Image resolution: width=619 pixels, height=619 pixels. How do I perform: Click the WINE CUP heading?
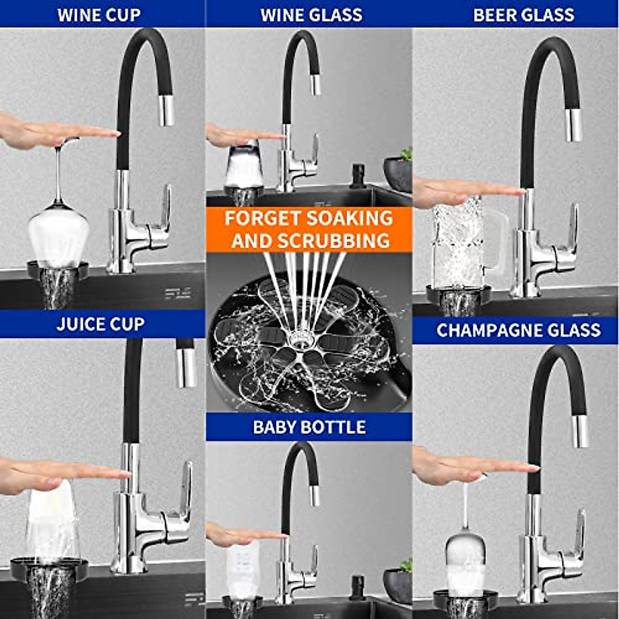99,14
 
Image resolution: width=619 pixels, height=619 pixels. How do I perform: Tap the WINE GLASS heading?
311,14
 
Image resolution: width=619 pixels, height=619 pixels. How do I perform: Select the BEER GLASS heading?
524,14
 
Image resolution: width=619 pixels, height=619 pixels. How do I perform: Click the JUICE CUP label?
101,324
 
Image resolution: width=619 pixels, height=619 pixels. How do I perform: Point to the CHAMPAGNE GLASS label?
518,330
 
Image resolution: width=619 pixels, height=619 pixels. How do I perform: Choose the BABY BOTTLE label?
309,427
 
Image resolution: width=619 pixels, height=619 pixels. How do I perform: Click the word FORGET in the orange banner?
258,218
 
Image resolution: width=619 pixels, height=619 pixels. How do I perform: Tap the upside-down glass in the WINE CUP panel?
58,232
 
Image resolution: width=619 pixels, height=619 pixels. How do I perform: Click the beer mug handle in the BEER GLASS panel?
496,242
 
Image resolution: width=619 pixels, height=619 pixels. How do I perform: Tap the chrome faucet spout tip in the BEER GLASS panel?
574,125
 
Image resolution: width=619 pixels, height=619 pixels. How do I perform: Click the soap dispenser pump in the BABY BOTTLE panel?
356,585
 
